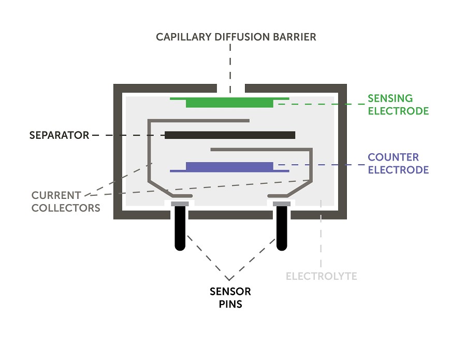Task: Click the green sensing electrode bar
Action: (x=229, y=102)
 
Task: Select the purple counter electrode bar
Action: (x=229, y=167)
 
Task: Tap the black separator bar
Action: (x=230, y=135)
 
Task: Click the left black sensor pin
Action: (x=180, y=228)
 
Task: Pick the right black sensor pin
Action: (x=281, y=228)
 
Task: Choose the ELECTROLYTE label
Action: (x=322, y=276)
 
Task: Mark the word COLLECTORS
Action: (x=66, y=208)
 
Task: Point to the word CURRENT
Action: (x=56, y=196)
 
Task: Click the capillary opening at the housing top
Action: (x=230, y=88)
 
